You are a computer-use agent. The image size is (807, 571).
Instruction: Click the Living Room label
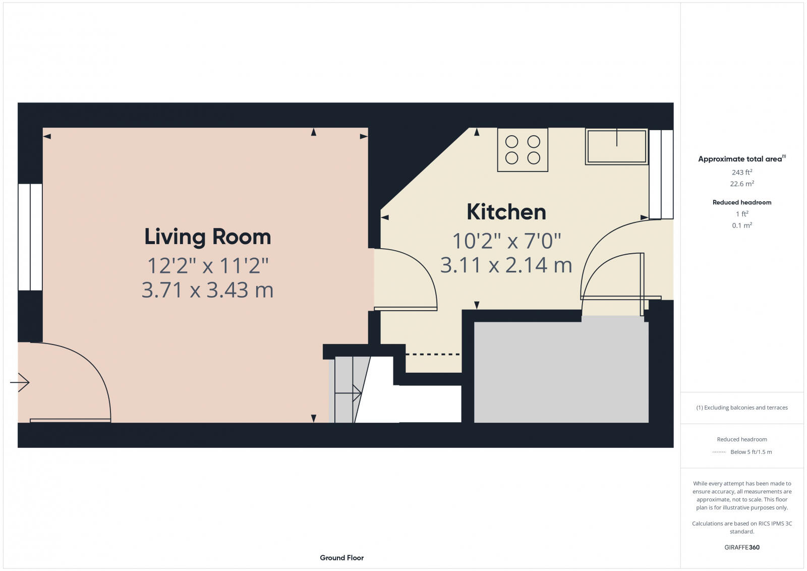click(x=207, y=237)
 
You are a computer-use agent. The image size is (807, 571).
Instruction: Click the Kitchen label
click(x=506, y=212)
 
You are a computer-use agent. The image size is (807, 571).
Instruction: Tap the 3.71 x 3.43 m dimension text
click(x=207, y=290)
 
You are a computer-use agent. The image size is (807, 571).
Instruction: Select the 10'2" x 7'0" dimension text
click(x=506, y=241)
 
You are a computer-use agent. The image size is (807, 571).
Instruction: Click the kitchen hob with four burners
click(x=523, y=150)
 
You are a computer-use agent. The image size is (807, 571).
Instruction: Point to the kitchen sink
click(x=616, y=146)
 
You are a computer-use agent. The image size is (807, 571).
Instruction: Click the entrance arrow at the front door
click(x=20, y=382)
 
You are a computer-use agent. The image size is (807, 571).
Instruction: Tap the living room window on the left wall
click(x=30, y=237)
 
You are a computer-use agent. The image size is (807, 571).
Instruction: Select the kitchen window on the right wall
click(x=661, y=174)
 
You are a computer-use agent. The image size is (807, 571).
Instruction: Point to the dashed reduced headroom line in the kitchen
click(x=433, y=354)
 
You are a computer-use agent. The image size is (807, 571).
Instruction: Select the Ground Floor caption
click(x=341, y=557)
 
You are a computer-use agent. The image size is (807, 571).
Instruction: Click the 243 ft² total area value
click(x=741, y=173)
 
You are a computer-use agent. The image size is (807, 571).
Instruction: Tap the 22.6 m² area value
click(x=741, y=184)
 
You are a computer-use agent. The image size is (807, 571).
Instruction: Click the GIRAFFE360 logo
click(x=741, y=547)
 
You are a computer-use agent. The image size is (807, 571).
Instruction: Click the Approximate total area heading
click(x=740, y=159)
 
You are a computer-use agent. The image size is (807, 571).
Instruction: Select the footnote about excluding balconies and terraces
click(x=741, y=408)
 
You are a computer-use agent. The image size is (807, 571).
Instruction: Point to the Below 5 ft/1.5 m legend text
click(x=751, y=452)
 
